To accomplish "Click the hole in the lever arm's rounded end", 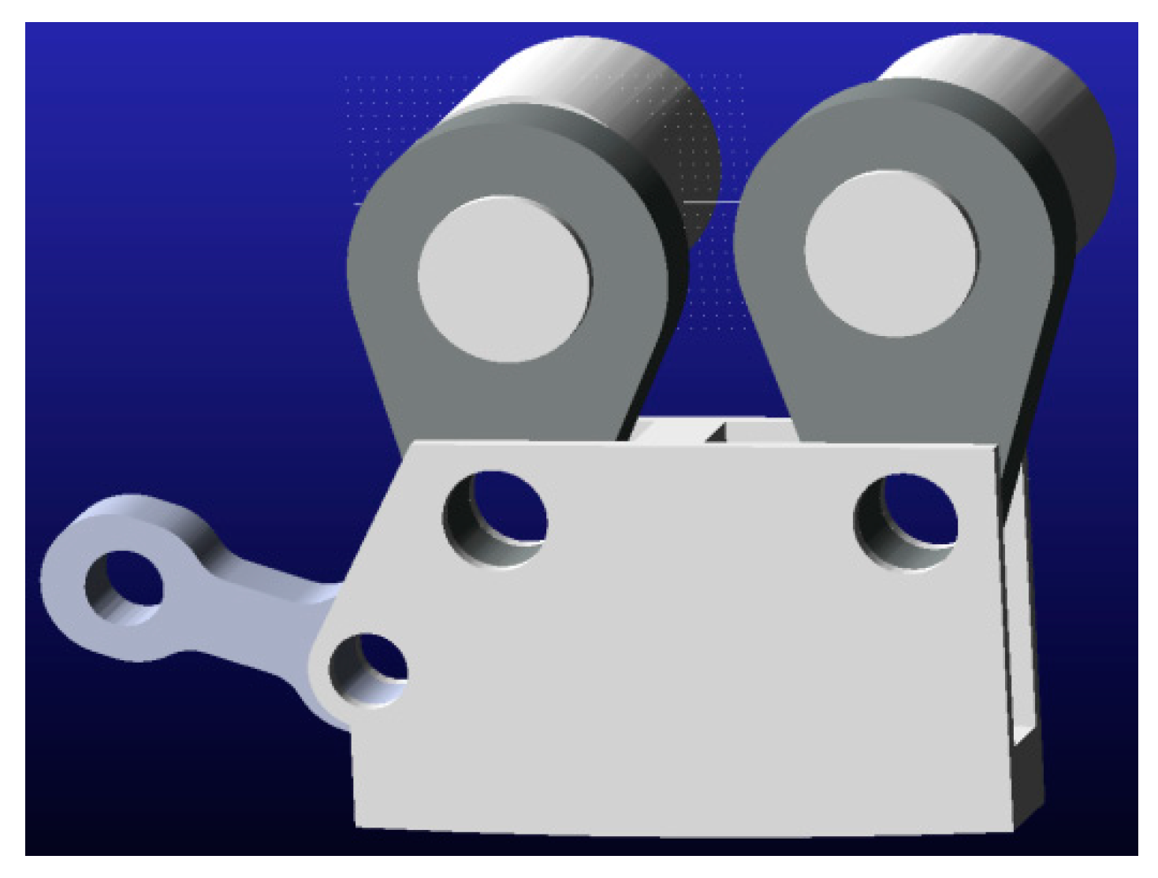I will tap(123, 588).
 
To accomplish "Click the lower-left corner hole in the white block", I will tap(368, 670).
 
